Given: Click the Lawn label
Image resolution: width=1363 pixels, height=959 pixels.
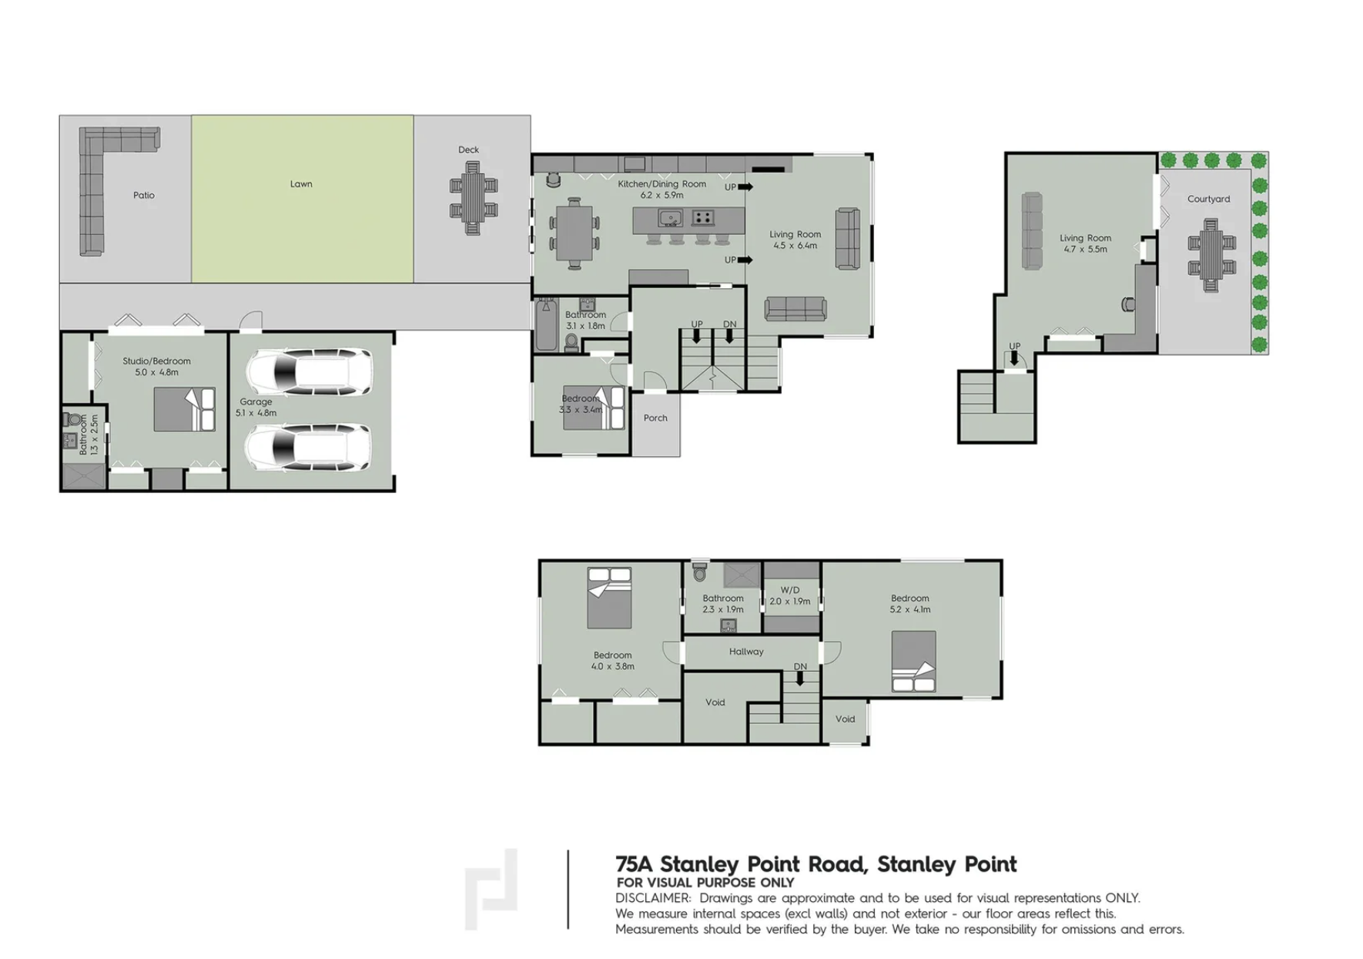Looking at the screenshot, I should coord(301,184).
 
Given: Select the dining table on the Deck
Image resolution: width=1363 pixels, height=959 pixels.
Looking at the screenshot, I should coord(473,198).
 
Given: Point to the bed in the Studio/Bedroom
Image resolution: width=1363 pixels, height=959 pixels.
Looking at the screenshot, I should coord(185,409).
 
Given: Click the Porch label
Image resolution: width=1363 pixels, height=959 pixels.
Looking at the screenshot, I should coord(655,418).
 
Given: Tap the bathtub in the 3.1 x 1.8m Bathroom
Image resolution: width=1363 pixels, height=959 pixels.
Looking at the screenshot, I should coord(546,325).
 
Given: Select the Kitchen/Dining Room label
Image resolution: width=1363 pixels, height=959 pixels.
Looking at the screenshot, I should coord(661,184).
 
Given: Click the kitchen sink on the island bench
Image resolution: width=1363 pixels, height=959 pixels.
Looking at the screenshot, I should coord(670,218).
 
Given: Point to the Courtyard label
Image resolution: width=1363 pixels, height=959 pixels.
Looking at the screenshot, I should coord(1208,199).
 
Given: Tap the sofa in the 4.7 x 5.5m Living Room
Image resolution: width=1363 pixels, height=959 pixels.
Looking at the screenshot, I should coord(1032,230).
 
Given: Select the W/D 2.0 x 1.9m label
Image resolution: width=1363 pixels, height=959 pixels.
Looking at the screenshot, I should coord(790,595).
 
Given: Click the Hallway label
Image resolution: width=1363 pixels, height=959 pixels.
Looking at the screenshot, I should coord(746,652).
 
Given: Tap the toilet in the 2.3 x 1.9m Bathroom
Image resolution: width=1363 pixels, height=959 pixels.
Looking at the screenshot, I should coord(699,573).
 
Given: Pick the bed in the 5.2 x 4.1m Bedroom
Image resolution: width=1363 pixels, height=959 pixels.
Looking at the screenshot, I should coord(913,661).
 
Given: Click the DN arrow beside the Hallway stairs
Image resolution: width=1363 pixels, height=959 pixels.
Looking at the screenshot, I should coord(800,678).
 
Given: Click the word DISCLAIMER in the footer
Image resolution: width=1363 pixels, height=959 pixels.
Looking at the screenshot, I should coord(653,898).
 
